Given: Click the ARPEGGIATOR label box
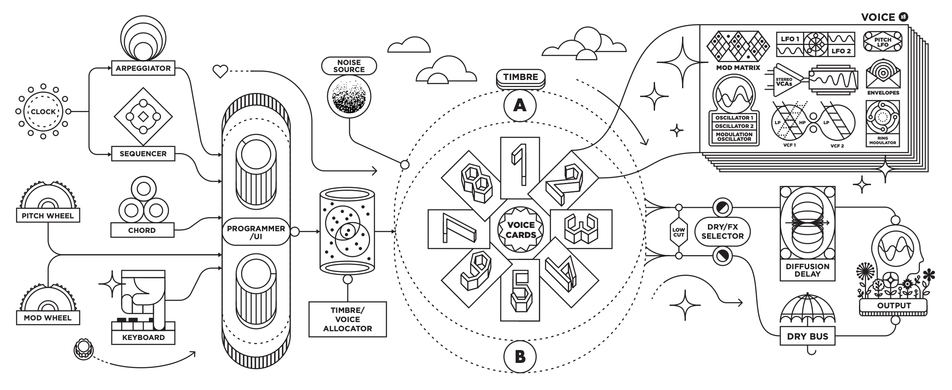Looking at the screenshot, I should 143,68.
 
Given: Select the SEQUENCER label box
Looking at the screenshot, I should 143,154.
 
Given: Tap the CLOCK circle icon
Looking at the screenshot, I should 43,112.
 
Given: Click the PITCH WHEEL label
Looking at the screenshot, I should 48,216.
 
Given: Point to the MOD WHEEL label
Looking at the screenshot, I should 48,318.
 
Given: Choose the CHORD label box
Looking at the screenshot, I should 142,230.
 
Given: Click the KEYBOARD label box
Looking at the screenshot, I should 143,337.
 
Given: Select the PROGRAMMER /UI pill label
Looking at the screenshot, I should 256,232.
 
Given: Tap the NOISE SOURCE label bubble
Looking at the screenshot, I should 349,66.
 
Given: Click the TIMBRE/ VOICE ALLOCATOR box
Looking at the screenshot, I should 348,319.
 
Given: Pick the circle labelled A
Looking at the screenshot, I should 520,106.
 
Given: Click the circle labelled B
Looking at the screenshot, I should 520,357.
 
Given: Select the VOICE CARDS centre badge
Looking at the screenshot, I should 521,230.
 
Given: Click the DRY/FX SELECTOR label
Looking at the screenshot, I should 722,231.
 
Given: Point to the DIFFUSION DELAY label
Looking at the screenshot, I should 807,270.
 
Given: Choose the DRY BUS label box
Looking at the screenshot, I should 807,337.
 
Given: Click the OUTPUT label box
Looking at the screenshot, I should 894,305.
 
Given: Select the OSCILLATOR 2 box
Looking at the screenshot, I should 734,126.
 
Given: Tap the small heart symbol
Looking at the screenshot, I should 220,72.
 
